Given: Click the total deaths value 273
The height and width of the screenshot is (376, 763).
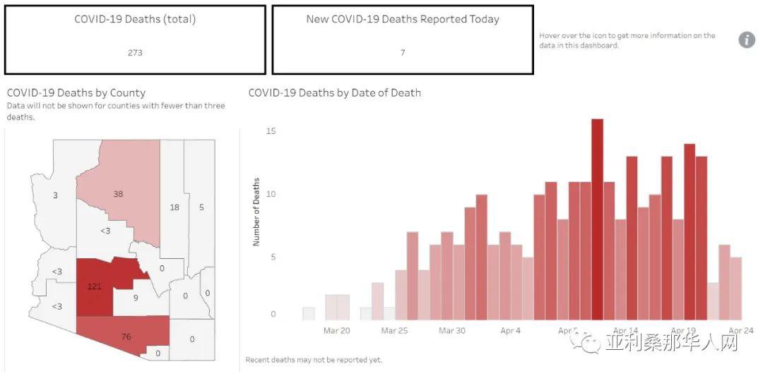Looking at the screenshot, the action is pyautogui.click(x=135, y=52).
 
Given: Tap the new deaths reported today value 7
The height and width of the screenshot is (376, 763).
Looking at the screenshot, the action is pyautogui.click(x=403, y=52).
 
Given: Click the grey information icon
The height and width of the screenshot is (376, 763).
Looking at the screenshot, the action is pyautogui.click(x=747, y=40).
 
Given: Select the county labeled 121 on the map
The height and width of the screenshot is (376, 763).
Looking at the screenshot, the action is pyautogui.click(x=95, y=286).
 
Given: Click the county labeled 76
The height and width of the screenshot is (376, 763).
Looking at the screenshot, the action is pyautogui.click(x=126, y=336).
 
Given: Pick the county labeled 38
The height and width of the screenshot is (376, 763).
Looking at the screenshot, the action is pyautogui.click(x=118, y=194).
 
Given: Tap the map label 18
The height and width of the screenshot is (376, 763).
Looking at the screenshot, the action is pyautogui.click(x=175, y=207).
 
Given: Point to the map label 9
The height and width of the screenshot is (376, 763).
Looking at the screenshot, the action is pyautogui.click(x=136, y=298).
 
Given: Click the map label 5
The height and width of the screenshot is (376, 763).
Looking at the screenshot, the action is pyautogui.click(x=201, y=207).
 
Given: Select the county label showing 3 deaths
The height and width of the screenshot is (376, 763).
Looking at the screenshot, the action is pyautogui.click(x=56, y=196).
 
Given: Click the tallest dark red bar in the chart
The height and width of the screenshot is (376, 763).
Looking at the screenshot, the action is pyautogui.click(x=597, y=219).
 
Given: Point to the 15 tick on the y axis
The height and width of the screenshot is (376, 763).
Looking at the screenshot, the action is pyautogui.click(x=271, y=131).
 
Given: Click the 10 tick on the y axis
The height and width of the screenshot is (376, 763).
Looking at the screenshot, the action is pyautogui.click(x=271, y=194).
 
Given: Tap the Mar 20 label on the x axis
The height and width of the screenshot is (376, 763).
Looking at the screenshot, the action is pyautogui.click(x=337, y=331).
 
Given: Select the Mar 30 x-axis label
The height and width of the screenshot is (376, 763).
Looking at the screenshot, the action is pyautogui.click(x=453, y=331).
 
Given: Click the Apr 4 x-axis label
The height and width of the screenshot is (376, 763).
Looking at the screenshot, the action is pyautogui.click(x=511, y=331).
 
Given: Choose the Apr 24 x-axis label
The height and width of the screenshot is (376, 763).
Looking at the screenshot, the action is pyautogui.click(x=741, y=331).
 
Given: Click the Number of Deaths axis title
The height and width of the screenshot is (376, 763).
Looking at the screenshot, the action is pyautogui.click(x=256, y=212).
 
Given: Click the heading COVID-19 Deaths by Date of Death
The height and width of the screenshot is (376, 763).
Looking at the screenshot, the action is pyautogui.click(x=335, y=92).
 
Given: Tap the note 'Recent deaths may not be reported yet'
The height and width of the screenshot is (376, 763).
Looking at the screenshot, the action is pyautogui.click(x=314, y=360).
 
